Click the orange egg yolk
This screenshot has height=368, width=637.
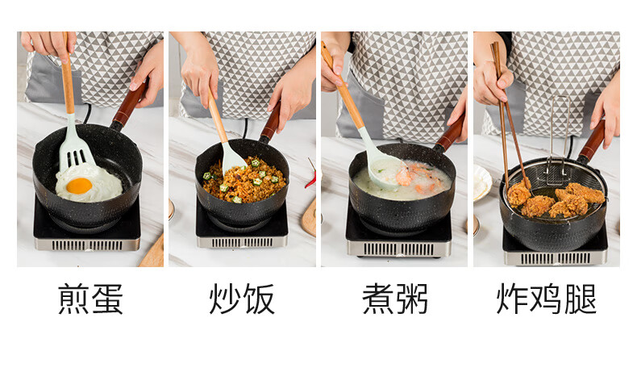(79, 186)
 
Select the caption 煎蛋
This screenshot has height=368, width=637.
(90, 299)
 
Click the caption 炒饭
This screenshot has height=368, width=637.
(242, 299)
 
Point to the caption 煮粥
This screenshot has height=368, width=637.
(394, 299)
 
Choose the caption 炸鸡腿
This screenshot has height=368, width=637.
(547, 299)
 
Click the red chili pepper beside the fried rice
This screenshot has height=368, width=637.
(310, 176)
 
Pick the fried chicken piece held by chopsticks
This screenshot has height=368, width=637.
(518, 194)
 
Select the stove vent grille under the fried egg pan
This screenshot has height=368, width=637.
(87, 245)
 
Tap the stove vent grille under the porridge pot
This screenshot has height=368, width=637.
(398, 249)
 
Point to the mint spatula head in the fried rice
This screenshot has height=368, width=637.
(232, 159)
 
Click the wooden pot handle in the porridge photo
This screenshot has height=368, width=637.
(451, 133)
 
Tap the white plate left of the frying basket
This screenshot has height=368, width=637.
(482, 183)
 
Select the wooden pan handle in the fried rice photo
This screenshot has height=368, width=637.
(271, 122)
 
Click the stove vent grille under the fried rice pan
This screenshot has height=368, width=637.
(242, 243)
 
